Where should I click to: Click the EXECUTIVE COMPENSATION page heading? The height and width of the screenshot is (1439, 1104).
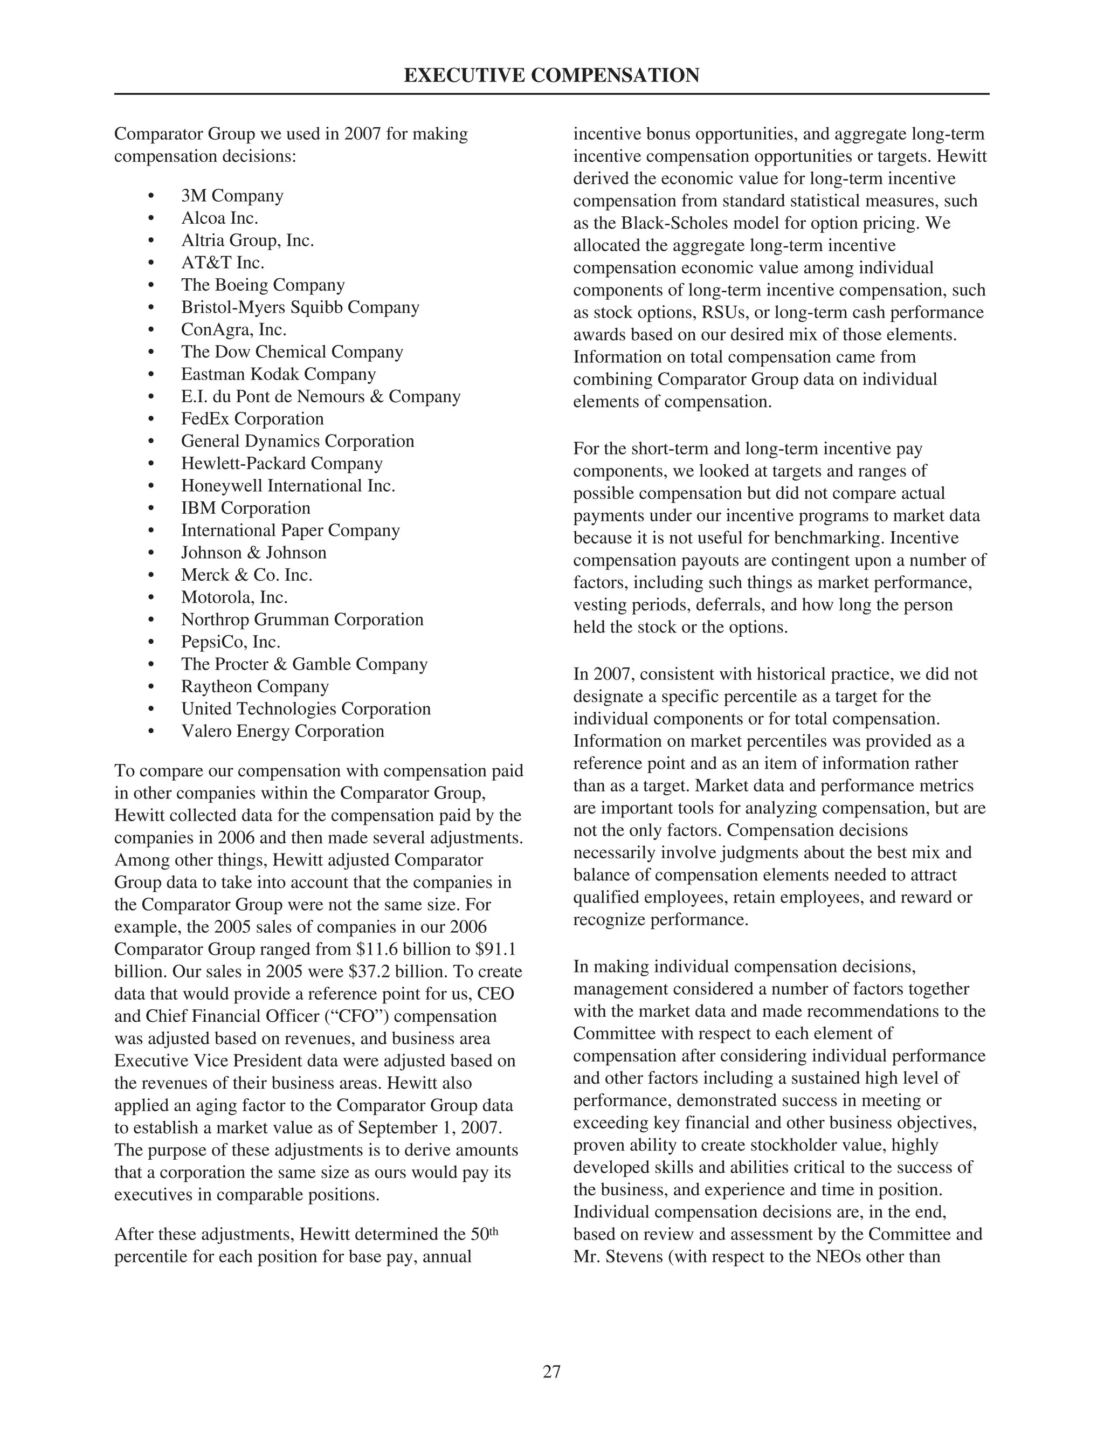[551, 75]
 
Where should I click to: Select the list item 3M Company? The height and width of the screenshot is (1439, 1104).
[232, 196]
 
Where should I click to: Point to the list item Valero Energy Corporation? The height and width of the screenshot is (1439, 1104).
[282, 731]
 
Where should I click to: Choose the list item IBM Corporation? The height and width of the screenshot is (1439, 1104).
[246, 508]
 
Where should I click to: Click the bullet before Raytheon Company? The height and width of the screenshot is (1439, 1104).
[152, 687]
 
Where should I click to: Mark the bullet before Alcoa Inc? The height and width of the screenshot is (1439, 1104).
[152, 219]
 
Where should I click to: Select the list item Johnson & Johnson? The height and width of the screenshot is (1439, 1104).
[254, 553]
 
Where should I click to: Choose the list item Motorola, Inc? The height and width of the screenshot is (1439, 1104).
[234, 597]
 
